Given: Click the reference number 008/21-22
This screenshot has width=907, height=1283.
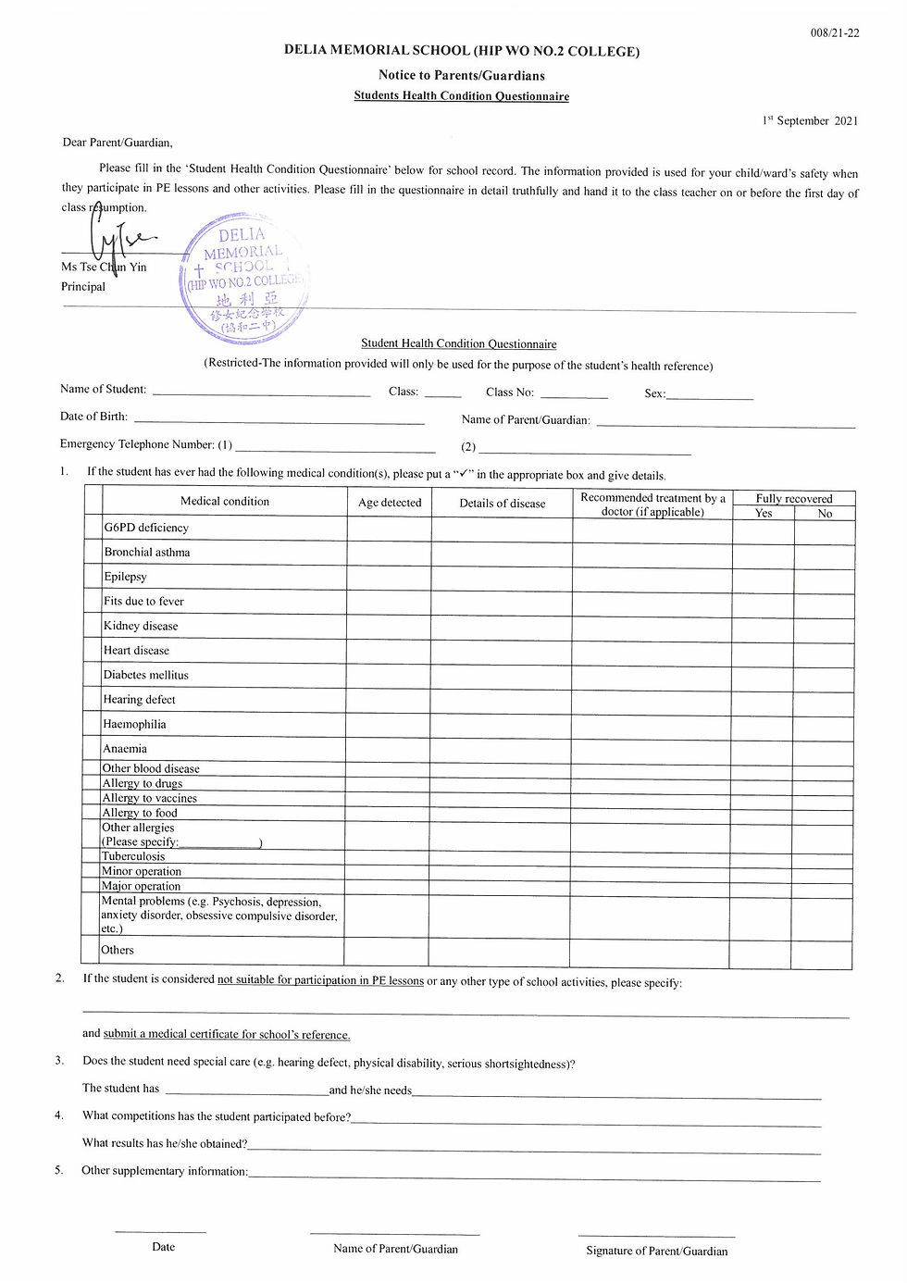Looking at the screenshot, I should click(835, 33).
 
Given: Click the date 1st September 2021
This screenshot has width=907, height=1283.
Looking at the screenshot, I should click(810, 120).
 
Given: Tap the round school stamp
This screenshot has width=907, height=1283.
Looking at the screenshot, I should click(244, 279).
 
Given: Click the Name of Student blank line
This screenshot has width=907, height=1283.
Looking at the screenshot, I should click(261, 392).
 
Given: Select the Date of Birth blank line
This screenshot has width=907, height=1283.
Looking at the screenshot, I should click(279, 420).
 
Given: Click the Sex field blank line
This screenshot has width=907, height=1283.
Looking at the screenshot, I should click(710, 396).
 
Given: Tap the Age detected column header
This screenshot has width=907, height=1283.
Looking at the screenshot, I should click(390, 503).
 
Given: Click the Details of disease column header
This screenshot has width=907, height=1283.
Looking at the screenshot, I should click(503, 504).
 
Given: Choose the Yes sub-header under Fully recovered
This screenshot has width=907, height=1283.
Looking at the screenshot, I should click(764, 513).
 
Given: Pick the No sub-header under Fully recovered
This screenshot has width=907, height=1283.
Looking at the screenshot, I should click(825, 513).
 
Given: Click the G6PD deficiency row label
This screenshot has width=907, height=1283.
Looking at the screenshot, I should click(146, 528).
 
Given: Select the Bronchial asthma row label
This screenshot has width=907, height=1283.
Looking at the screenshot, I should click(147, 553).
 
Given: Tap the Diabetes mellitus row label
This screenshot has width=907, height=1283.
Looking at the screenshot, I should click(146, 675).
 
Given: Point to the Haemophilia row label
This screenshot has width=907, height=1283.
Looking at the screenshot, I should click(135, 724).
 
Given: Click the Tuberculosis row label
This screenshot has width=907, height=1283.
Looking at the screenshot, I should click(133, 856).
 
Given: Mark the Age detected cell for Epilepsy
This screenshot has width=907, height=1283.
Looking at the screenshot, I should click(390, 577).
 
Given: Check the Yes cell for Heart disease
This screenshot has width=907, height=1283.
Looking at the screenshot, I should click(764, 651).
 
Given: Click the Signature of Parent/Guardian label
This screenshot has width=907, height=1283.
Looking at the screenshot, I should click(656, 1251).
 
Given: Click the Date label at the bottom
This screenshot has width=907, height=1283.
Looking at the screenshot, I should click(163, 1247).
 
